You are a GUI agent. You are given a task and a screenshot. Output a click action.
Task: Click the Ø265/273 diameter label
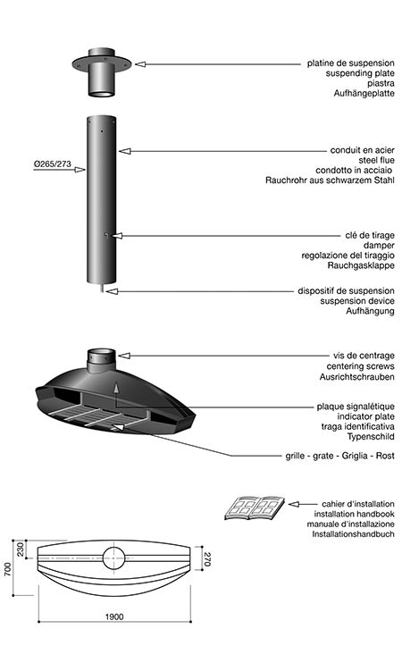(52, 164)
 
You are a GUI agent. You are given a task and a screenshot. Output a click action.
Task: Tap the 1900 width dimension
(114, 616)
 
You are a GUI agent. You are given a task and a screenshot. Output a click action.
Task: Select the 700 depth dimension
(8, 569)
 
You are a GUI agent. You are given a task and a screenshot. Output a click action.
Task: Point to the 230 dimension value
(21, 549)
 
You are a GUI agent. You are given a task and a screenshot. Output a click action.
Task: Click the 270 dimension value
(207, 559)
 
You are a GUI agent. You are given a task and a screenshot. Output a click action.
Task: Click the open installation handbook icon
(255, 508)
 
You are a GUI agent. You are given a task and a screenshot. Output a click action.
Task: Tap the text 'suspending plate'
(360, 73)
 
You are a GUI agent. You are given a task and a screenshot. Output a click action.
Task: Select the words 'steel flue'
(376, 160)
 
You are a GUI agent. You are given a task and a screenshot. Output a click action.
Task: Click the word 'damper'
(379, 245)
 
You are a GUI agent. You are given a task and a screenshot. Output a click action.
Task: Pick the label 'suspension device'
(357, 301)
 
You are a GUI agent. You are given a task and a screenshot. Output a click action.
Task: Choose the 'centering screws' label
(361, 366)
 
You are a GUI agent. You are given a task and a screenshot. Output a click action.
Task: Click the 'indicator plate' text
(365, 416)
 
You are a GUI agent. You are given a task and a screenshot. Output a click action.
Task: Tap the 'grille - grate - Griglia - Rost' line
(340, 456)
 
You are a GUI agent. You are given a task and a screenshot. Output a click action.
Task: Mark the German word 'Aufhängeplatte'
(364, 93)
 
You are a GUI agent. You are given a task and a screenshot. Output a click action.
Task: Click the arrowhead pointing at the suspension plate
(140, 64)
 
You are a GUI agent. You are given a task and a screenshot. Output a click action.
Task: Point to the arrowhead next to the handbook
(293, 504)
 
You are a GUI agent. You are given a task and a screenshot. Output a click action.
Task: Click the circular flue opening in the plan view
(113, 558)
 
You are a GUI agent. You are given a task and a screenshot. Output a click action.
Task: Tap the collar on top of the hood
(102, 360)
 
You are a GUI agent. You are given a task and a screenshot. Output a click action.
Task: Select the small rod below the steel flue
(101, 288)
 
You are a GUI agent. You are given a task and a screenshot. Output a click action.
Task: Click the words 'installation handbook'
(354, 514)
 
